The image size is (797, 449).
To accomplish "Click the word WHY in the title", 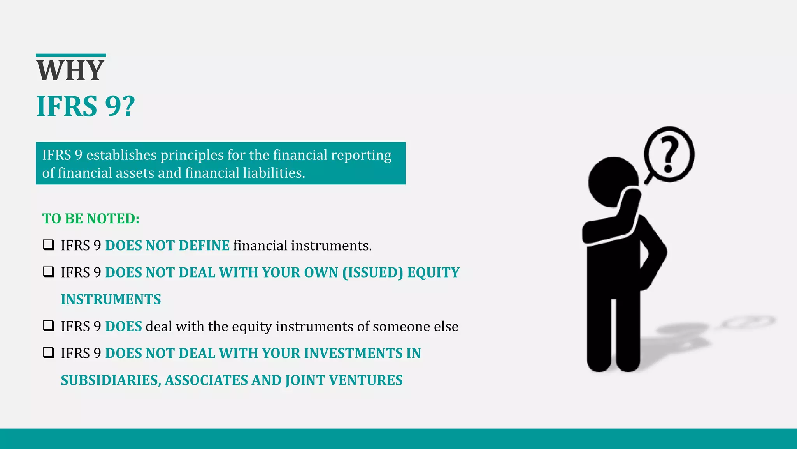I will [x=70, y=71].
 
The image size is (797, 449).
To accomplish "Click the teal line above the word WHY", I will [x=71, y=55].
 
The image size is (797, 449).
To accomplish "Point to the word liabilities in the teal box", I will [x=274, y=173].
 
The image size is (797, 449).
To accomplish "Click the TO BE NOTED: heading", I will [x=91, y=219].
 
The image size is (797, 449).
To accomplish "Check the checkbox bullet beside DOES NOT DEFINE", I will [x=48, y=245].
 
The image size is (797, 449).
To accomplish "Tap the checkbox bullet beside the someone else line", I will [x=48, y=326].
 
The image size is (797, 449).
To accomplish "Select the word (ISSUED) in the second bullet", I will [x=373, y=272].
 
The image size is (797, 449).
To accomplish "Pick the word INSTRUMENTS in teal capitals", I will [x=111, y=299].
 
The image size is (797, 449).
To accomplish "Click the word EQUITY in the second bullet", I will [x=434, y=272].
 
